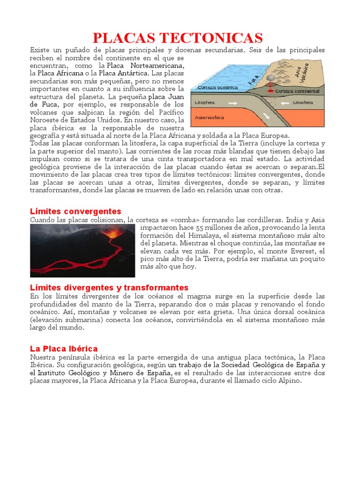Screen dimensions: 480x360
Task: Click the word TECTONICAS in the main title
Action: (217, 38)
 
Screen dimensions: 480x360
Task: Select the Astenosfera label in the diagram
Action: (210, 117)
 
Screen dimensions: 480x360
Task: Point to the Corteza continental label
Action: (297, 91)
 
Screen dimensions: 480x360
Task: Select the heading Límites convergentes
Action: (75, 211)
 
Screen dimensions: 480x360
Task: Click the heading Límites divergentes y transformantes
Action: (109, 287)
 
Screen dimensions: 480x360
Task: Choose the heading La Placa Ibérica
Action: (64, 349)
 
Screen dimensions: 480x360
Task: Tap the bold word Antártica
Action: (130, 73)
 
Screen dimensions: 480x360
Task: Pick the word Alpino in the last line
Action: (290, 381)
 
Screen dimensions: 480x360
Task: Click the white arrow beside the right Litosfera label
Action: (281, 102)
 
